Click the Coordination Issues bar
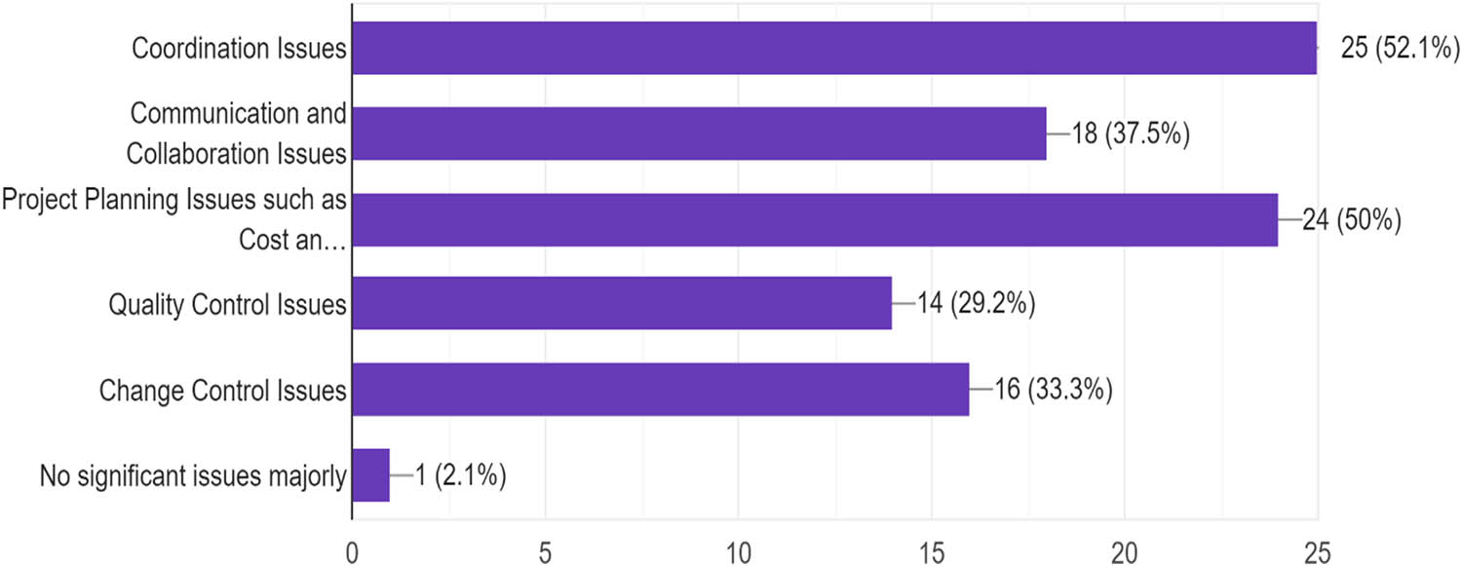click(833, 47)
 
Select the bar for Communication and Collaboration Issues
click(698, 132)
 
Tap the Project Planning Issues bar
click(814, 219)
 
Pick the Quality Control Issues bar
click(621, 304)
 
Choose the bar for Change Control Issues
click(660, 390)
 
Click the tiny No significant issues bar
click(370, 475)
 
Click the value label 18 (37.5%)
click(1132, 133)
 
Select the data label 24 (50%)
click(1353, 220)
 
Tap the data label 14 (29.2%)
click(976, 305)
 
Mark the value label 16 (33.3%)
click(1054, 391)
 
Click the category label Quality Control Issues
click(228, 305)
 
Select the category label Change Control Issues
click(223, 391)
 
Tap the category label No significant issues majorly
click(193, 477)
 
